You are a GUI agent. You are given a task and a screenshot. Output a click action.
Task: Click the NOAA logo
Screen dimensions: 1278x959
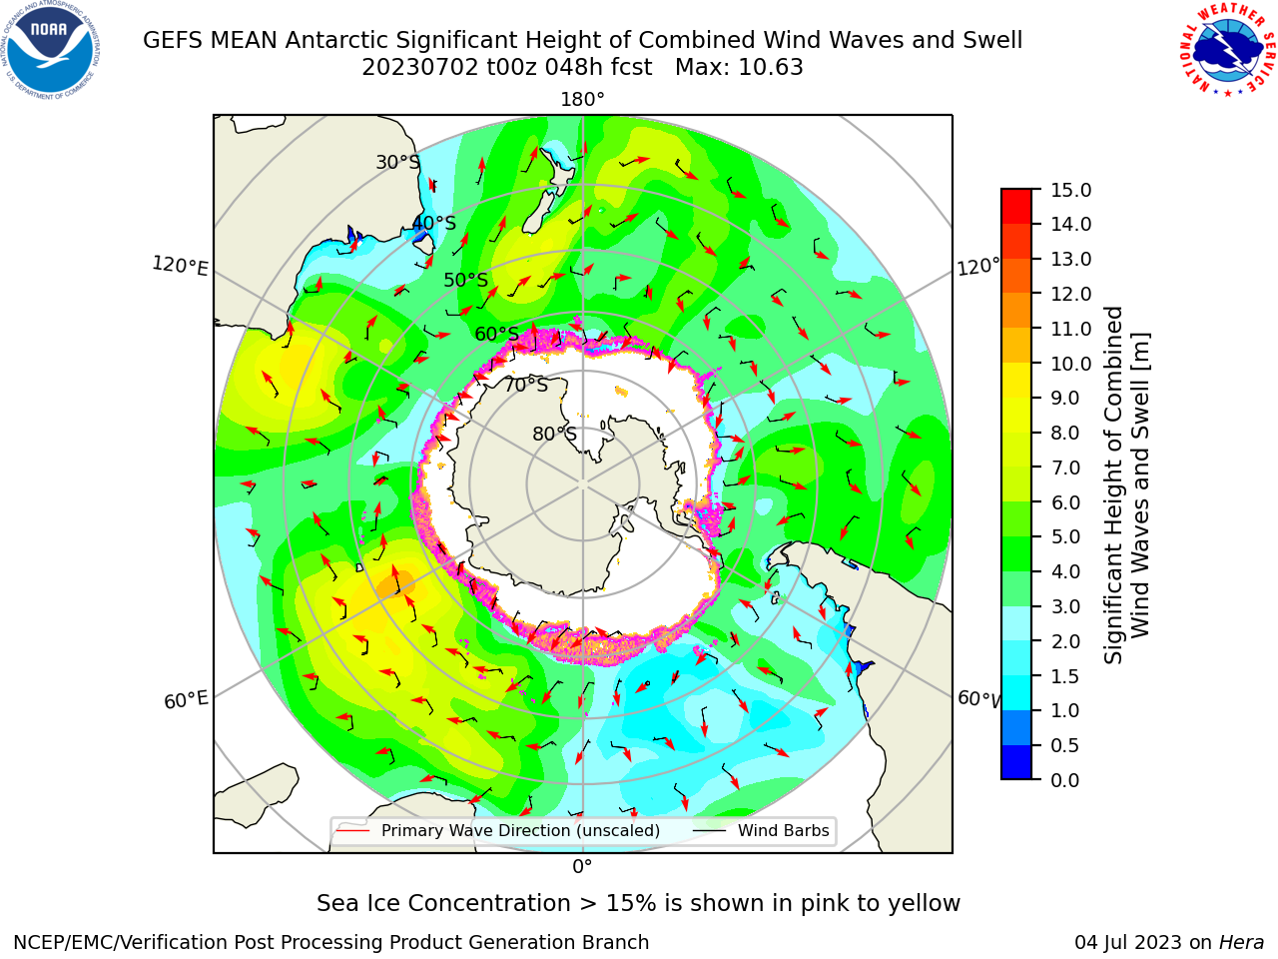click(x=51, y=51)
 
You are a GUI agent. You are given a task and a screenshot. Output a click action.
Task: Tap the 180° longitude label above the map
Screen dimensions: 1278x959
click(x=582, y=100)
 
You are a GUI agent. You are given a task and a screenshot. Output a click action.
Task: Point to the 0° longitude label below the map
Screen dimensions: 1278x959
click(x=582, y=867)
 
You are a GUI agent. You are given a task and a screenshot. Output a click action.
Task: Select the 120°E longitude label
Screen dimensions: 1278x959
click(x=180, y=266)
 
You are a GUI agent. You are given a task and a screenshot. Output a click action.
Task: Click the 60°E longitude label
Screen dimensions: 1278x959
click(x=186, y=699)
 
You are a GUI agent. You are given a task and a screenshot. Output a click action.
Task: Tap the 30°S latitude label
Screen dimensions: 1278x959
click(x=397, y=162)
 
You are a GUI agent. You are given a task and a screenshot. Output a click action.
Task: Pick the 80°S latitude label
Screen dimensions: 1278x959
click(x=554, y=434)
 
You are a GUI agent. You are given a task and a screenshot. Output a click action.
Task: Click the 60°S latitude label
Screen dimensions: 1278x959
click(x=496, y=334)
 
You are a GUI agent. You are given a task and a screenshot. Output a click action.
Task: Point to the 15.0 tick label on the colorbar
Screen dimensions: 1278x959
click(x=1070, y=190)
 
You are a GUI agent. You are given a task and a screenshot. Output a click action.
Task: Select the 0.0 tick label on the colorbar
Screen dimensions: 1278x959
click(x=1065, y=780)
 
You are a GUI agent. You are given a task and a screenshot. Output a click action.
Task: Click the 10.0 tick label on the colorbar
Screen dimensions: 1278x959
click(x=1070, y=364)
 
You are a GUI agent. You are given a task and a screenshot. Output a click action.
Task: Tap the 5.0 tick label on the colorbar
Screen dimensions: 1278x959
click(x=1065, y=536)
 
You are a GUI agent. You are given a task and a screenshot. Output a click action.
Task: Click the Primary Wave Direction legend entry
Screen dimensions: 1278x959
click(x=498, y=830)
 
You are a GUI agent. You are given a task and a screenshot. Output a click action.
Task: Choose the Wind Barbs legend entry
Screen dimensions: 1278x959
click(x=761, y=830)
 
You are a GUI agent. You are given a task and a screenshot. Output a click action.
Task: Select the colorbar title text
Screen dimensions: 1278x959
click(x=1126, y=484)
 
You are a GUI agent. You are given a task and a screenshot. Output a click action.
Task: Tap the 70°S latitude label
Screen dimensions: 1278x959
click(x=526, y=385)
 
